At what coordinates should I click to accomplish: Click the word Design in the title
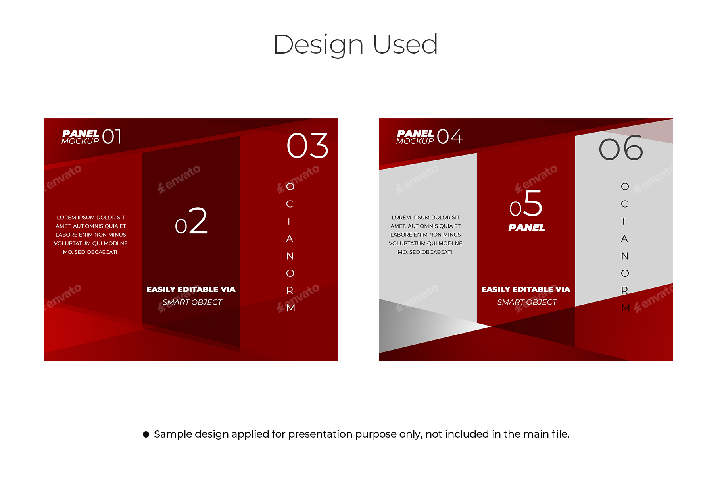tap(318, 44)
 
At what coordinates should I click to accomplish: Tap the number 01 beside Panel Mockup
tap(112, 137)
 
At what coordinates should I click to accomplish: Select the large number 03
tap(307, 146)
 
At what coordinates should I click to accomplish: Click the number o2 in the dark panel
tap(191, 221)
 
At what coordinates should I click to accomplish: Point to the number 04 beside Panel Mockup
tap(449, 137)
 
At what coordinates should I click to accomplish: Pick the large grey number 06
tap(621, 148)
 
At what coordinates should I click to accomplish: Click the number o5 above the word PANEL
tap(526, 204)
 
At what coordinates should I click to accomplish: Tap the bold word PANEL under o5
tap(527, 228)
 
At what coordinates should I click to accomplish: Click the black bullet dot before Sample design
tap(146, 434)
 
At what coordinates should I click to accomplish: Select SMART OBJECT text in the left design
tap(192, 302)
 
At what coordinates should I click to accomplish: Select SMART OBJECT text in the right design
tap(527, 302)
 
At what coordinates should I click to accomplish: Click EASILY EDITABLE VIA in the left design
tap(191, 289)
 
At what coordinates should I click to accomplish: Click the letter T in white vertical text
tap(289, 221)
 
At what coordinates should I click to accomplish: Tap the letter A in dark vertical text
tap(624, 239)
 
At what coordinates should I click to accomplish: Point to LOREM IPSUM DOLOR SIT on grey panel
tap(425, 218)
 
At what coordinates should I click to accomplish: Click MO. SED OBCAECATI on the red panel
tap(90, 252)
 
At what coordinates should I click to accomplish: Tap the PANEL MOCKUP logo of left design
tap(81, 137)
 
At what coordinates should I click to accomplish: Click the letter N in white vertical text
tap(290, 256)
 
